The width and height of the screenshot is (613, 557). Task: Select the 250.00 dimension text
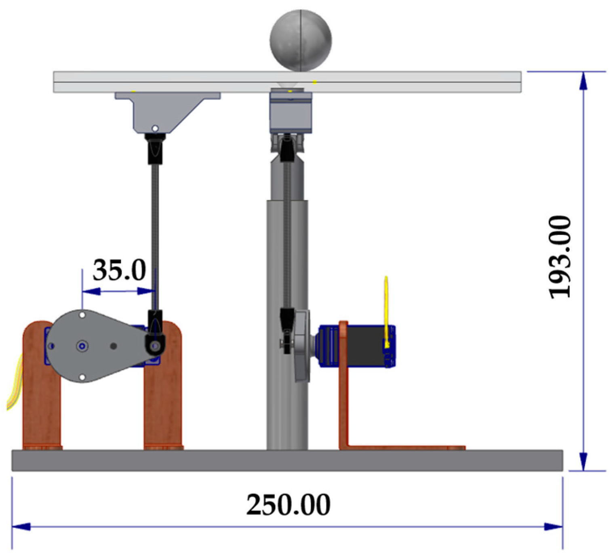288,504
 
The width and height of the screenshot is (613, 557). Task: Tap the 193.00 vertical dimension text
560,257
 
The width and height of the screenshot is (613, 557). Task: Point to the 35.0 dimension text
119,270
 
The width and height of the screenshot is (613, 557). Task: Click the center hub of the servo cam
82,346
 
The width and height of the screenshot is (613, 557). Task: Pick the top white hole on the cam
82,314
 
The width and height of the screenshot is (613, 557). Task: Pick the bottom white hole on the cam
82,378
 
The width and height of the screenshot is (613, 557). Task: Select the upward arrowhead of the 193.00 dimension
583,81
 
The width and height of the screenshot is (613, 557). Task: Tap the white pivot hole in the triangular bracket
155,129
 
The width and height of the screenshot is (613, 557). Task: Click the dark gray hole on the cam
114,346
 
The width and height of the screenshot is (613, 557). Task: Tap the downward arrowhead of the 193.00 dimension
583,461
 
